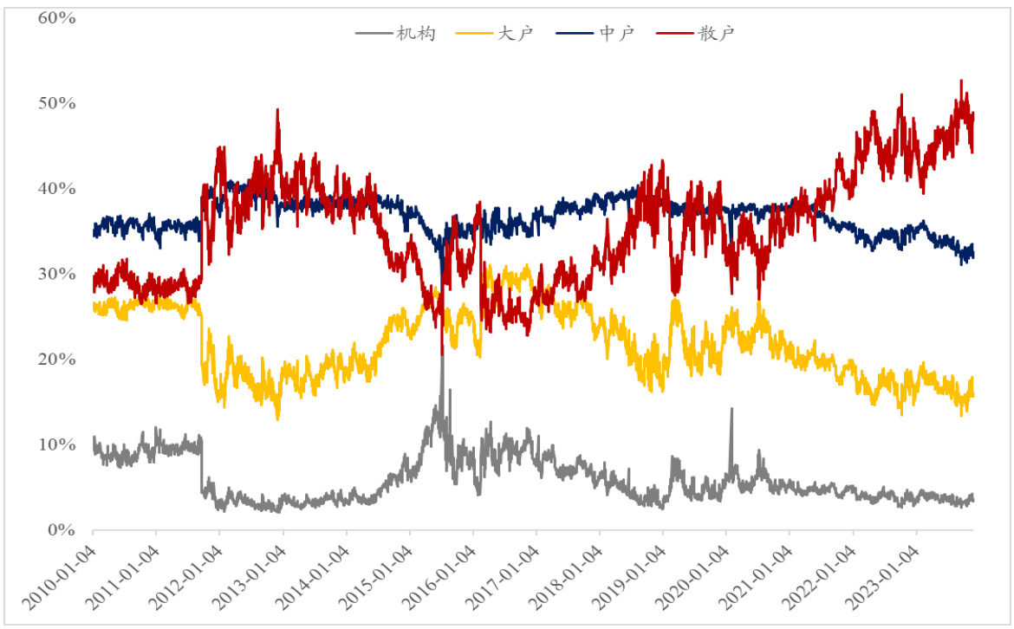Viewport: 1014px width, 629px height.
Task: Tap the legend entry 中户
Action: click(x=617, y=33)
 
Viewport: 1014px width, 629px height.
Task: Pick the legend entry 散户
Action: click(x=719, y=33)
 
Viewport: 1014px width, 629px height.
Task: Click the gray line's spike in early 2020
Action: click(x=731, y=409)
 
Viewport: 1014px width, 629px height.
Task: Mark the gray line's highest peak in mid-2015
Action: click(x=442, y=357)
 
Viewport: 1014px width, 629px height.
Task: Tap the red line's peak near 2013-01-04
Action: click(x=277, y=110)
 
